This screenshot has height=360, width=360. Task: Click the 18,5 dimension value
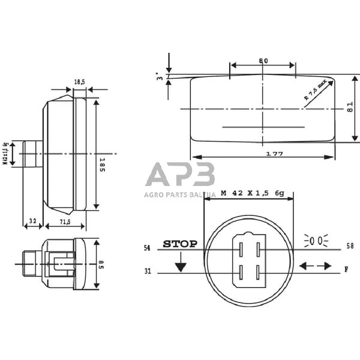80,82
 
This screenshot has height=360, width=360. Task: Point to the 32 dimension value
32,222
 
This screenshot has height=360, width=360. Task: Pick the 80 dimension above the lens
263,61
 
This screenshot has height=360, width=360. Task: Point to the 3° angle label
159,77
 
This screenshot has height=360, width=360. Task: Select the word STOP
180,244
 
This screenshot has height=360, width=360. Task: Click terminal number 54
147,248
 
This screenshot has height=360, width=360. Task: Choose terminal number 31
147,271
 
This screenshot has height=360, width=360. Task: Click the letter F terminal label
346,270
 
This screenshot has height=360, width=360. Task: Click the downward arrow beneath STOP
181,266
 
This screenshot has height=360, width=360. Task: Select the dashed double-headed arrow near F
315,266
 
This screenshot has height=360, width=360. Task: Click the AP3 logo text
180,175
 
